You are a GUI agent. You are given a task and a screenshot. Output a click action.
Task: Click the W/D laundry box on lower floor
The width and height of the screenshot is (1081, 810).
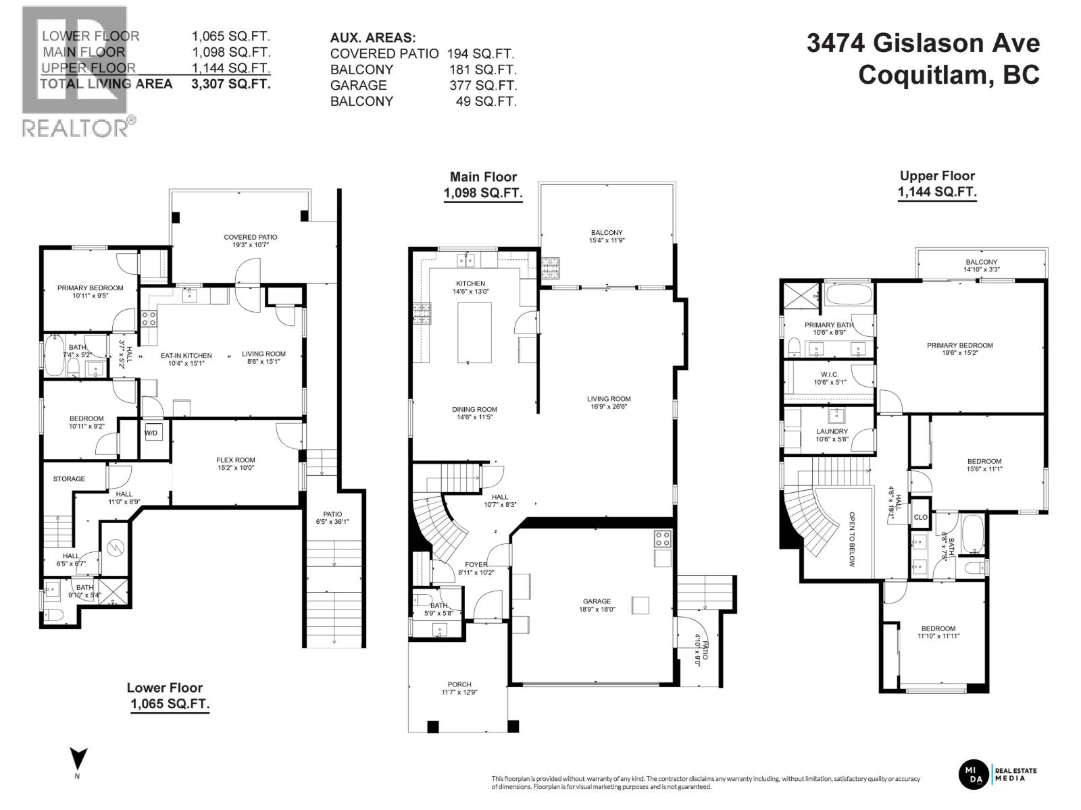click(151, 433)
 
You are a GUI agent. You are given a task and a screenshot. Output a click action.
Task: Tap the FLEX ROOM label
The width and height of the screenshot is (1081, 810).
click(236, 460)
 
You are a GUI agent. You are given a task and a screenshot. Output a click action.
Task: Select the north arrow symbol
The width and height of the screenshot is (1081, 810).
click(78, 759)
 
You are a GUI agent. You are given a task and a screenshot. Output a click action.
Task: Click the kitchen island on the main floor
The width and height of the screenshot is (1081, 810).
click(474, 333)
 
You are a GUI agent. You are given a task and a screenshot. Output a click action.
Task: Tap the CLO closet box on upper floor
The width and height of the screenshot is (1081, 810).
click(920, 518)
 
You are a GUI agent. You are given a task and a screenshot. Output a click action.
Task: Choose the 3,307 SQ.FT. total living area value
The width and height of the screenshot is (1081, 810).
click(231, 84)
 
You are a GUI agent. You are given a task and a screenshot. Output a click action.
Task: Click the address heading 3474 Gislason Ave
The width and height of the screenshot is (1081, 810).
click(923, 44)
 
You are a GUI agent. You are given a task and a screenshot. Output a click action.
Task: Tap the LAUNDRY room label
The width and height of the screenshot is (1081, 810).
click(832, 431)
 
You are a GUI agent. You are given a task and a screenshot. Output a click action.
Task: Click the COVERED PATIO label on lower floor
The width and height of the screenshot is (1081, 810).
click(250, 237)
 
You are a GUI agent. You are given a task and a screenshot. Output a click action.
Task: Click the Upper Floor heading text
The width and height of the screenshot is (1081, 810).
click(937, 176)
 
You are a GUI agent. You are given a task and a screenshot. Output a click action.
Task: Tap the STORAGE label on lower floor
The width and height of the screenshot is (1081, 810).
click(69, 479)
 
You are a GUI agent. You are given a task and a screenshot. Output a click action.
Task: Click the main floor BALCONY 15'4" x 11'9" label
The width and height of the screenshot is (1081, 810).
click(606, 233)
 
